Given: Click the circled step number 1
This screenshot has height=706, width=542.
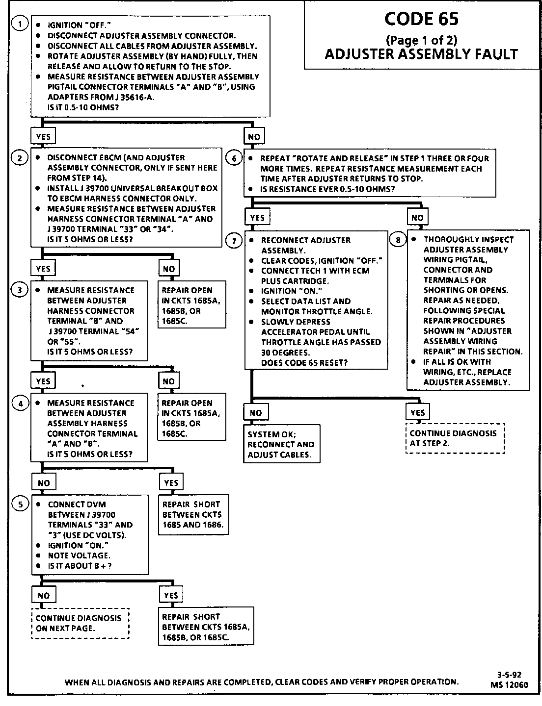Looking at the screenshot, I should pos(20,24).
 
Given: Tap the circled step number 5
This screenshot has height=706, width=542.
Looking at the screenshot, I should pos(20,504).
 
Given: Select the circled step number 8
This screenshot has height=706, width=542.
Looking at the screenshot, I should pos(398,240).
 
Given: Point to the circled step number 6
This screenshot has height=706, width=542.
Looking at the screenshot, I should pos(234,158).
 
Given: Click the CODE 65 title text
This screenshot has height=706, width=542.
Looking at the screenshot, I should pos(421,19).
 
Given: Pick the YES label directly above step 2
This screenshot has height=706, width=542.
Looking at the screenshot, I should pos(43,136).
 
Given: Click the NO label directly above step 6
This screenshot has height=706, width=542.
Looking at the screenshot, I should pos(254,136).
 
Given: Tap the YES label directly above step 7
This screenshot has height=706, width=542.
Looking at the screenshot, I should pos(257,218).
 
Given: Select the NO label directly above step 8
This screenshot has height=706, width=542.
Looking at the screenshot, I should pos(417,218).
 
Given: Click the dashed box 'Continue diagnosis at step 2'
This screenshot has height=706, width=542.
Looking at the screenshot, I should pos(455,438).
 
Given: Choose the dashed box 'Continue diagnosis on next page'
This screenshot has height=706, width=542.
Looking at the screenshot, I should pos(80,623).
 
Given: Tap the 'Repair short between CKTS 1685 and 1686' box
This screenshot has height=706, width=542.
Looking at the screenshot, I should pos(193,514).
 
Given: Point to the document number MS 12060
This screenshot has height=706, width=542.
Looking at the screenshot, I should pos(509,685).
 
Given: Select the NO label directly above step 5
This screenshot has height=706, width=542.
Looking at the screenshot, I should pos(43,482).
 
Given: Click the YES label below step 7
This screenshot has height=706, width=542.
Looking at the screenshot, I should pos(417,412).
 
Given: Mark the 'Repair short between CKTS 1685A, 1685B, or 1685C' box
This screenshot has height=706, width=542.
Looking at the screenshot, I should pos(206,627).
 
